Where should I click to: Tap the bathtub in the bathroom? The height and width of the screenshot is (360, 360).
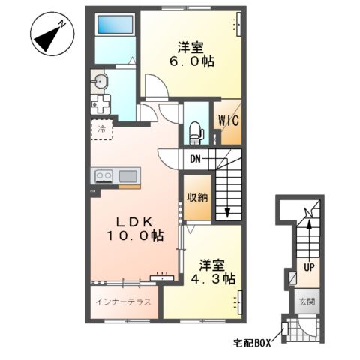tap(115, 25)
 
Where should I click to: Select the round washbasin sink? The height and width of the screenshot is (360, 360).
tap(100, 81)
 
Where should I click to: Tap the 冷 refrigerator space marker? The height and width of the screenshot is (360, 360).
tap(102, 129)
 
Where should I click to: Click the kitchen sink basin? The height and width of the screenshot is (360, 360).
tap(127, 177)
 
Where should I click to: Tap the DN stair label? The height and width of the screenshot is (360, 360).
tap(195, 159)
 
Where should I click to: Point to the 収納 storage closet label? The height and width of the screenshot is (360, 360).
tap(197, 198)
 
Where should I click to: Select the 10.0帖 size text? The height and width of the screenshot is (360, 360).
tap(134, 236)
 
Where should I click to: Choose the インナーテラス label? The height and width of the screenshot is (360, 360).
tap(124, 302)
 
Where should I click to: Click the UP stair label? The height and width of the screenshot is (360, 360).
tap(308, 266)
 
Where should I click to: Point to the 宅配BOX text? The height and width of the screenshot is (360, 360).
tap(251, 343)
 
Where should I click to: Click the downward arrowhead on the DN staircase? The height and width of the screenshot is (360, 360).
tap(226, 213)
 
